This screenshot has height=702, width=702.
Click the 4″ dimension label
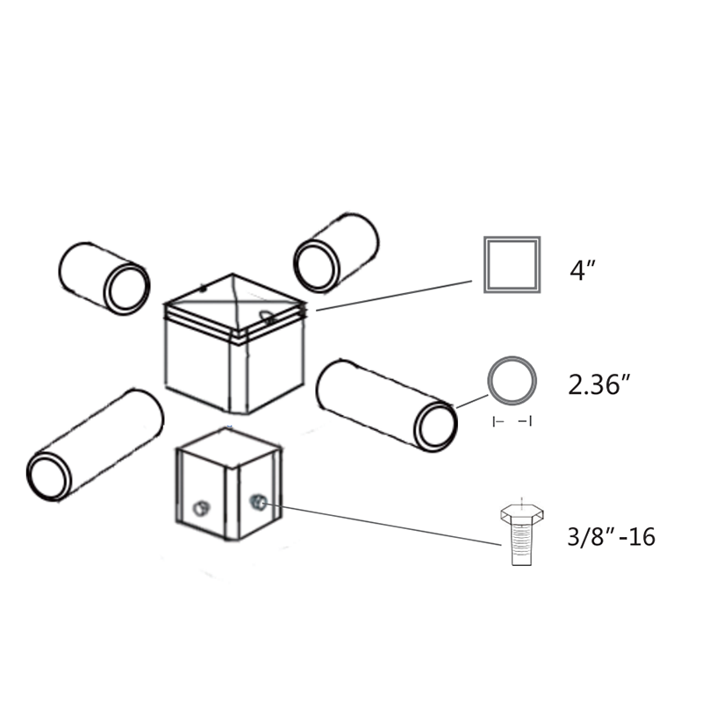pyautogui.click(x=583, y=270)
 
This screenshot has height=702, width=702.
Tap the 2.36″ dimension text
pyautogui.click(x=599, y=384)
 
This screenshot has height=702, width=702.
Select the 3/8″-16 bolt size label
pyautogui.click(x=611, y=536)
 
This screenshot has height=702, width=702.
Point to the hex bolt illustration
pyautogui.click(x=522, y=533)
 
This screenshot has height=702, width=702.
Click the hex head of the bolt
pyautogui.click(x=522, y=514)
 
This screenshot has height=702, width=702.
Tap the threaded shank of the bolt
pyautogui.click(x=521, y=545)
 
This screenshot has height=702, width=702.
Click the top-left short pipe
pyautogui.click(x=104, y=278)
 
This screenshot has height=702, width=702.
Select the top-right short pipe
pyautogui.click(x=336, y=253)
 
